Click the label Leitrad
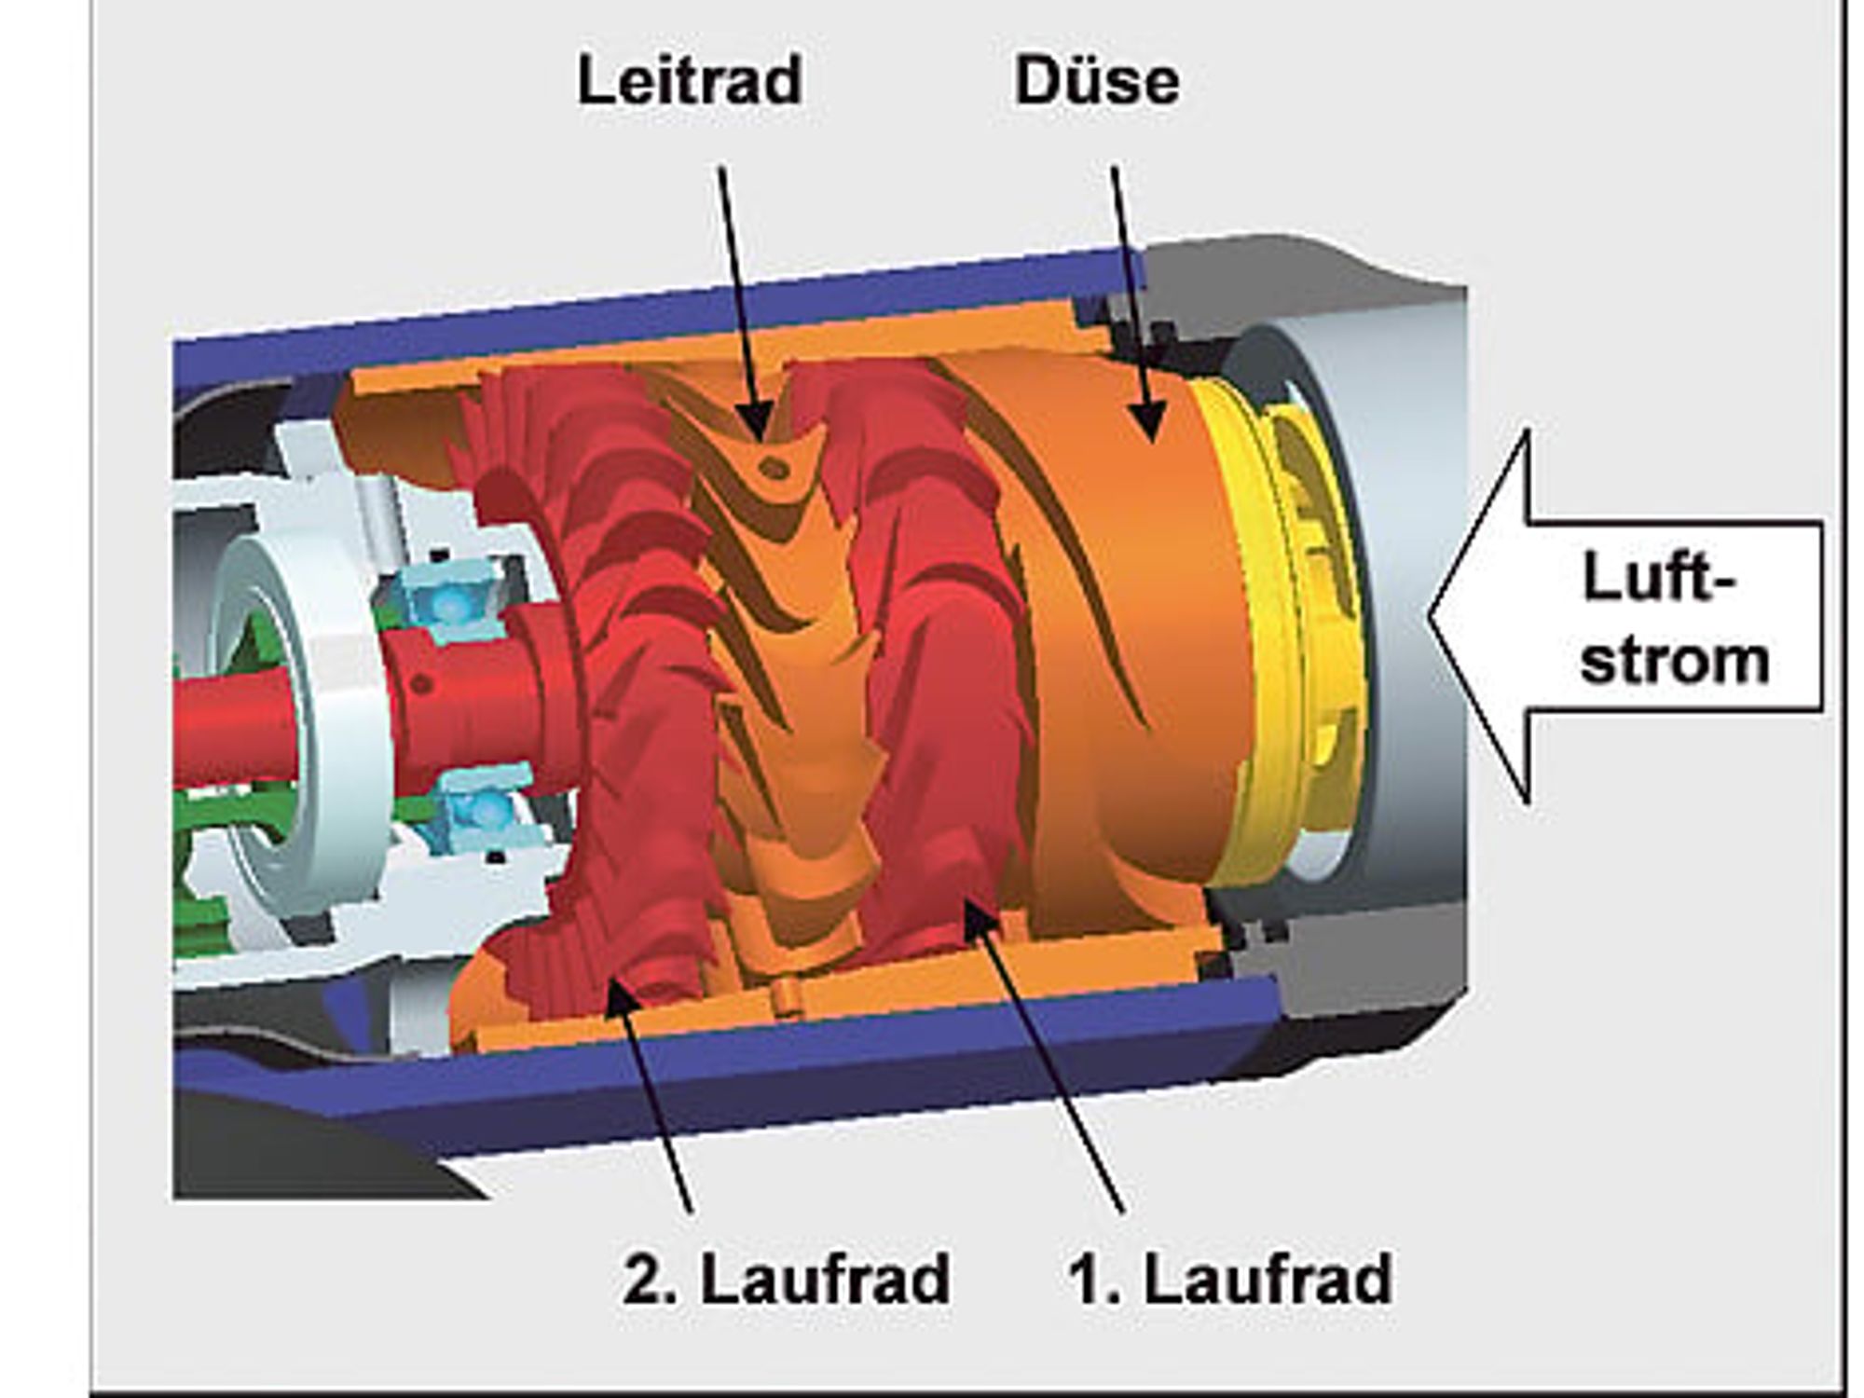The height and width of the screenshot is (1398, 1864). tap(690, 81)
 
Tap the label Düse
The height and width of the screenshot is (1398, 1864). tap(1097, 81)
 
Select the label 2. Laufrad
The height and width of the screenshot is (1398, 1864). tap(787, 1279)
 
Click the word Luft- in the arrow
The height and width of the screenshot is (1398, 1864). tap(1660, 578)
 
